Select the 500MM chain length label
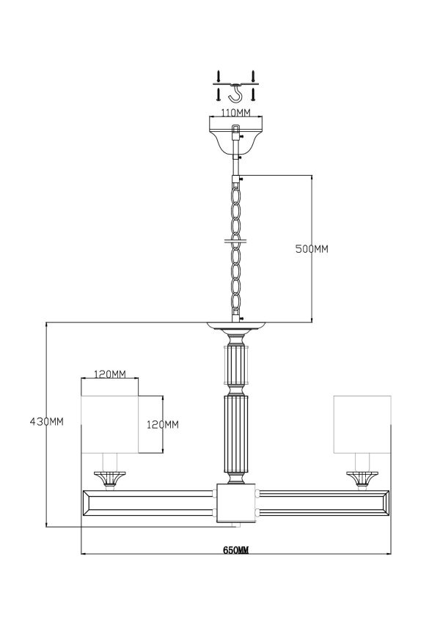pos(311,249)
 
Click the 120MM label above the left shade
pos(110,374)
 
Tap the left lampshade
pos(109,423)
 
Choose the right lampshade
pos(362,423)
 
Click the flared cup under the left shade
pos(109,477)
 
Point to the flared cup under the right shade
pos(362,477)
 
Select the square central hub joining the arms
pos(235,502)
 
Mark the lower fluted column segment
pos(235,437)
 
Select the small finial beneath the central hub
pos(235,525)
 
